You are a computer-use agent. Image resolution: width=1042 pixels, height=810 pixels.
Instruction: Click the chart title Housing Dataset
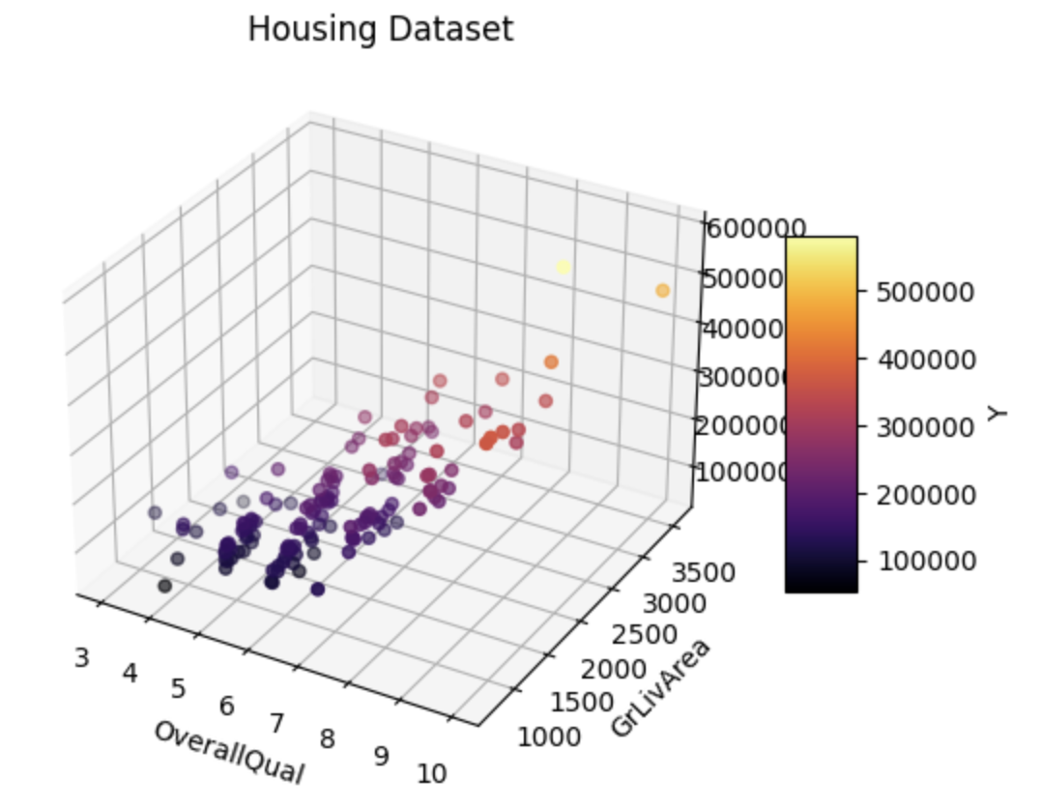pyautogui.click(x=380, y=30)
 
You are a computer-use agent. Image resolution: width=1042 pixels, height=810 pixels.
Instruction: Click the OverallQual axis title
pyautogui.click(x=228, y=752)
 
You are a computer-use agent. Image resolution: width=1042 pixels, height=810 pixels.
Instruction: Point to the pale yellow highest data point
pyautogui.click(x=564, y=267)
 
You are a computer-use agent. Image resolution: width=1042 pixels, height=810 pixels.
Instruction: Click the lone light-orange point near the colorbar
pyautogui.click(x=662, y=290)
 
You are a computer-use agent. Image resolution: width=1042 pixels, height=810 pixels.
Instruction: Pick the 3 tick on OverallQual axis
pyautogui.click(x=82, y=657)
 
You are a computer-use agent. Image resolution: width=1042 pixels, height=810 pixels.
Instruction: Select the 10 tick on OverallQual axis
pyautogui.click(x=432, y=773)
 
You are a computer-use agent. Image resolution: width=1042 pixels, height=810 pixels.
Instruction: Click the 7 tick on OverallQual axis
pyautogui.click(x=276, y=722)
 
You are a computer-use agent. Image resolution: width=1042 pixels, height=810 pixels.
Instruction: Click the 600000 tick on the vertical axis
pyautogui.click(x=755, y=228)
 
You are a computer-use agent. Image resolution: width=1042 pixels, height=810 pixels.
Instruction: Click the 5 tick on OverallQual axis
pyautogui.click(x=178, y=688)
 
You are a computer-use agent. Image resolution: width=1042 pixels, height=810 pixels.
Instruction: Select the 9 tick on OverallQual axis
pyautogui.click(x=380, y=756)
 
